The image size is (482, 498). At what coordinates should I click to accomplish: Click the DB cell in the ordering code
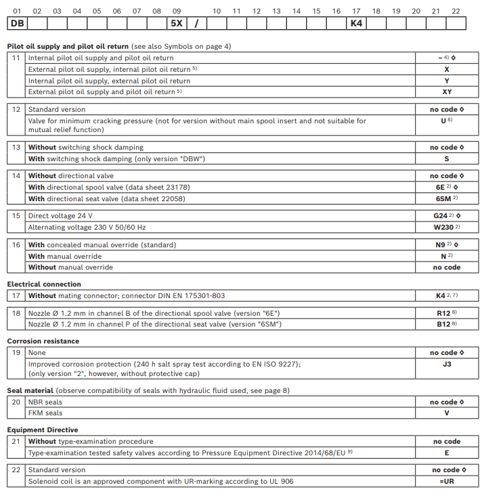[x=18, y=24]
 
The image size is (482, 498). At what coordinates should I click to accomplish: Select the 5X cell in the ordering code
[x=176, y=24]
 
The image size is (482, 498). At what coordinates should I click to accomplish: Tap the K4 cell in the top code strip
[x=357, y=24]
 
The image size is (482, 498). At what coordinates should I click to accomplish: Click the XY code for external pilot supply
[x=447, y=92]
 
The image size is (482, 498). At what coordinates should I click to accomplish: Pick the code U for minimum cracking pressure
[x=445, y=121]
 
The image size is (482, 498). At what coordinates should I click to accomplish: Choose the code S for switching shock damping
[x=447, y=159]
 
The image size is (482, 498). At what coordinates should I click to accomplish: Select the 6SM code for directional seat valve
[x=445, y=199]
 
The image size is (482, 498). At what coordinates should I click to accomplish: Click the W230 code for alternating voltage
[x=445, y=227]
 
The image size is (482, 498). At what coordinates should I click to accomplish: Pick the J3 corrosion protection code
[x=447, y=364]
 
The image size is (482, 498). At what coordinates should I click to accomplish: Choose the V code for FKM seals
[x=447, y=413]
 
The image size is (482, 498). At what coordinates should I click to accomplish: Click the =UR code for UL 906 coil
[x=447, y=481]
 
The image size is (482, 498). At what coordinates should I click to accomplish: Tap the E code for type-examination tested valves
[x=447, y=453]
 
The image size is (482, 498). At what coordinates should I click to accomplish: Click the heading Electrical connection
[x=44, y=285]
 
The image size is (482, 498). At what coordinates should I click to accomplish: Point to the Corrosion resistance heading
[x=43, y=341]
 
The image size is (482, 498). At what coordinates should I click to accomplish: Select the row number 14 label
[x=16, y=176]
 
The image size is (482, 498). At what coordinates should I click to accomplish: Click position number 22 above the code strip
[x=456, y=11]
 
